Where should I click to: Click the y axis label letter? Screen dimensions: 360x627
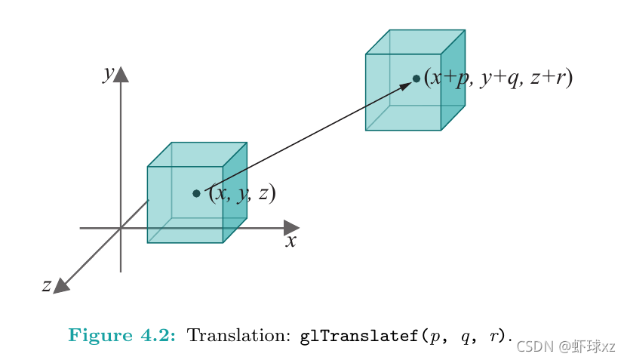click(x=109, y=73)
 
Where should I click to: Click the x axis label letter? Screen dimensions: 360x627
click(x=290, y=242)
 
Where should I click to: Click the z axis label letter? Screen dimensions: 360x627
click(x=46, y=285)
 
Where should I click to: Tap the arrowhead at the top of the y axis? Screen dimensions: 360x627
click(x=121, y=74)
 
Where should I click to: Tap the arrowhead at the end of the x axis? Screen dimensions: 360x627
click(x=291, y=227)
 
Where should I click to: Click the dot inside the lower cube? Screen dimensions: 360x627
click(x=196, y=193)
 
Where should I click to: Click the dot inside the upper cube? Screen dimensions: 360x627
click(x=416, y=78)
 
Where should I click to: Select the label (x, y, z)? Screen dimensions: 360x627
click(x=242, y=193)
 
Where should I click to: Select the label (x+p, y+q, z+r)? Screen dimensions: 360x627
click(x=498, y=78)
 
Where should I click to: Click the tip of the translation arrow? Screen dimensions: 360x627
click(x=410, y=82)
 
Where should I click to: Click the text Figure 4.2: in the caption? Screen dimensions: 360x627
click(x=121, y=335)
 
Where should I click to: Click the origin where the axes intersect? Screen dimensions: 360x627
click(x=121, y=227)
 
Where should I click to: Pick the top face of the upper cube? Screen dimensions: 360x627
click(x=415, y=42)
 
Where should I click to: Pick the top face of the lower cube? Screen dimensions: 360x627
click(x=197, y=155)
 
